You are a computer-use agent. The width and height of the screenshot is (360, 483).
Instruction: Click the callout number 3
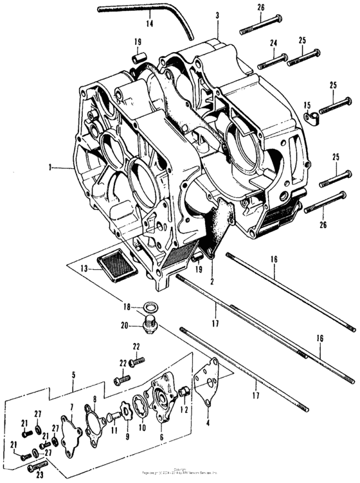click(x=218, y=15)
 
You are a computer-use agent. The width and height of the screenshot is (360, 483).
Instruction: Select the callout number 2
click(x=212, y=281)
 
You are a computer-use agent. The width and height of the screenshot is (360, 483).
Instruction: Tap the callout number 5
click(x=73, y=374)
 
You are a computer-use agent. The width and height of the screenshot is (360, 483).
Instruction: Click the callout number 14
click(x=149, y=24)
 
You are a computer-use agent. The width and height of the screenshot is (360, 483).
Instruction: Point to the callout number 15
click(x=307, y=105)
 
